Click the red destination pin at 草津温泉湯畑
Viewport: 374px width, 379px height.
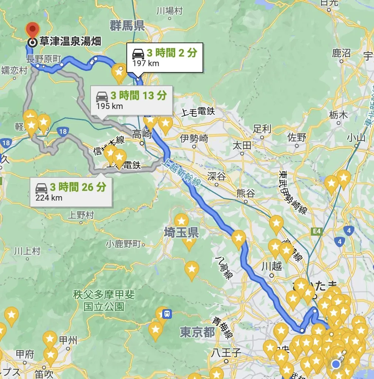(x=33, y=30)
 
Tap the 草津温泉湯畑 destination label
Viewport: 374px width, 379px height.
(x=70, y=41)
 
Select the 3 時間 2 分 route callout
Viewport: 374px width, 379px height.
(x=165, y=57)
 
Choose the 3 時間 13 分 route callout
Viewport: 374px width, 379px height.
(x=132, y=100)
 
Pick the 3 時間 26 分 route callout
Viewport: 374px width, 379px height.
(x=71, y=191)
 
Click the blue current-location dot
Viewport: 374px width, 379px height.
(x=336, y=364)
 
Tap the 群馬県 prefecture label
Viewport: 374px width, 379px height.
(x=127, y=26)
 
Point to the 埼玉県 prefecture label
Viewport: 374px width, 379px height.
(x=181, y=233)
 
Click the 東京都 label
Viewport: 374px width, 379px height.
(x=197, y=332)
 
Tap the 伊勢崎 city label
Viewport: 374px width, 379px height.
(x=194, y=139)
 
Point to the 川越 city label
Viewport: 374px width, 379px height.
(x=272, y=266)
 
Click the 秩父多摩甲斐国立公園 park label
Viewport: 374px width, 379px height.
(x=104, y=301)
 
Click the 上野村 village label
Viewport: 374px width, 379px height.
(x=81, y=215)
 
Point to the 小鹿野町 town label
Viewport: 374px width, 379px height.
(x=123, y=244)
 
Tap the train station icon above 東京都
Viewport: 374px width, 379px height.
(x=167, y=314)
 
